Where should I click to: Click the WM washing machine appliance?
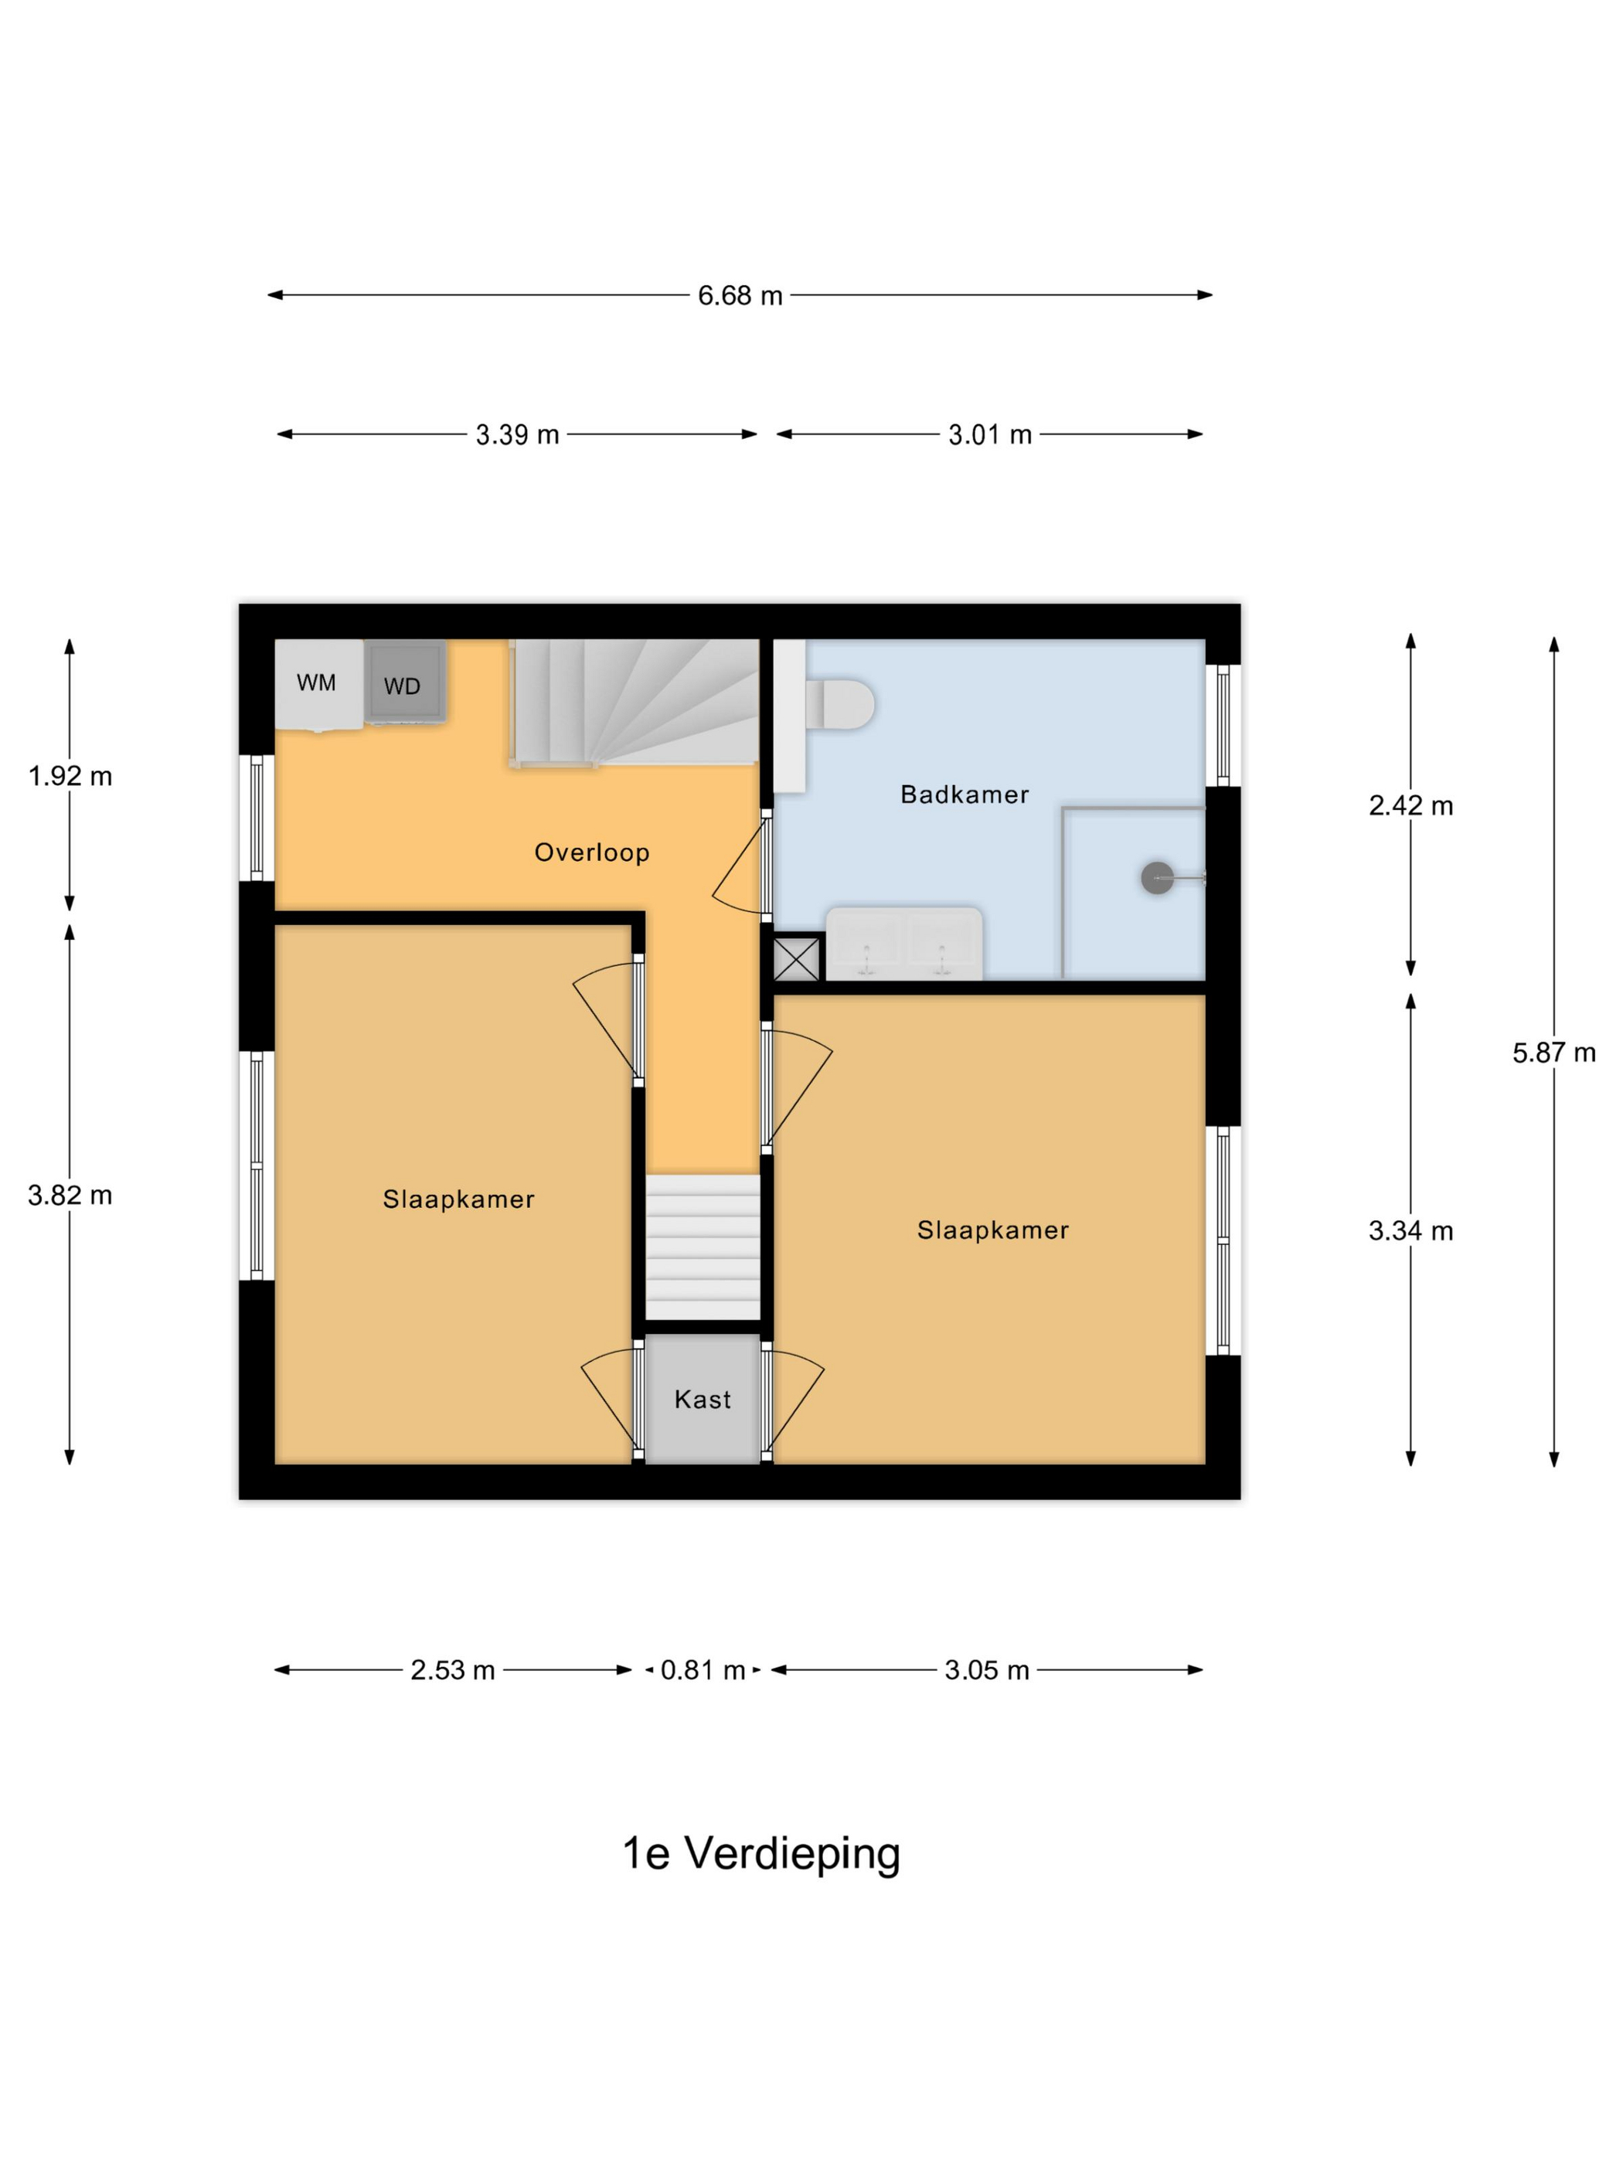pyautogui.click(x=317, y=684)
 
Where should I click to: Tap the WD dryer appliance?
pyautogui.click(x=404, y=683)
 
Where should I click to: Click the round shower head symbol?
pyautogui.click(x=1157, y=877)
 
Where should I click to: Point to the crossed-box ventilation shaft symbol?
pyautogui.click(x=796, y=959)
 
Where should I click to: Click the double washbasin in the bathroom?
pyautogui.click(x=903, y=945)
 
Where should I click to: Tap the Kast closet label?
pyautogui.click(x=703, y=1400)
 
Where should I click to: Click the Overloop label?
pyautogui.click(x=592, y=852)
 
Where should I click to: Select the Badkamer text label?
pyautogui.click(x=965, y=794)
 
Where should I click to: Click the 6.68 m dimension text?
pyautogui.click(x=740, y=295)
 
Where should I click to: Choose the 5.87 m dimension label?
pyautogui.click(x=1553, y=1053)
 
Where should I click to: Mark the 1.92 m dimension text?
pyautogui.click(x=70, y=777)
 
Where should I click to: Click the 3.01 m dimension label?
pyautogui.click(x=990, y=434)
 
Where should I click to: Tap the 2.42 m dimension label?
pyautogui.click(x=1410, y=806)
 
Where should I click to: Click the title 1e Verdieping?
pyautogui.click(x=761, y=1853)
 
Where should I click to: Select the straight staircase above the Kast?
pyautogui.click(x=703, y=1247)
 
